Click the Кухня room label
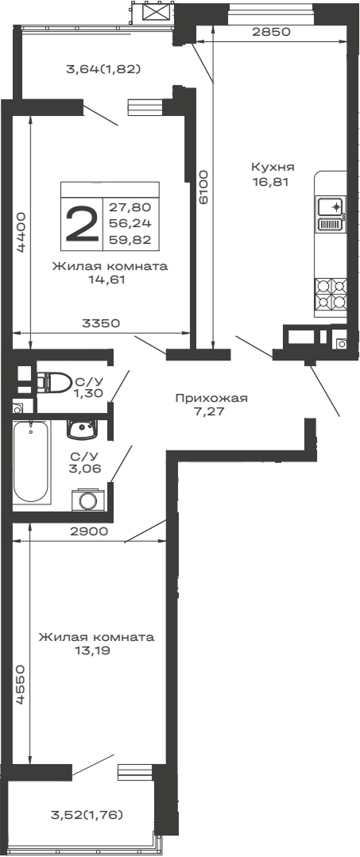(x=273, y=168)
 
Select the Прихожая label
(x=211, y=399)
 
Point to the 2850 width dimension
(x=270, y=33)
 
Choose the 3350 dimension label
(x=100, y=323)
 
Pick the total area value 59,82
(x=135, y=237)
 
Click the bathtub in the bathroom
(x=30, y=463)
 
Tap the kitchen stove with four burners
(x=331, y=294)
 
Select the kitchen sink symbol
(x=330, y=207)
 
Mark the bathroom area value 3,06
(x=84, y=469)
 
